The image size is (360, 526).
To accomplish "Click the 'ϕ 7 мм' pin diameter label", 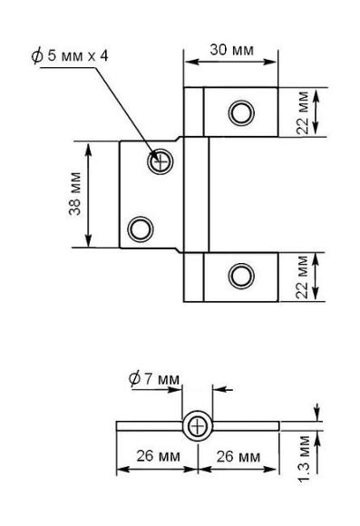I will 155,377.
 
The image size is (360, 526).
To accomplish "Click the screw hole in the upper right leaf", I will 240,112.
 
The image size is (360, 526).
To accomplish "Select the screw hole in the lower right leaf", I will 240,274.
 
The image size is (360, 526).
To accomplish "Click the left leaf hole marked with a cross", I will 161,162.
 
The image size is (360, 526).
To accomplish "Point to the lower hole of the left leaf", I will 141,227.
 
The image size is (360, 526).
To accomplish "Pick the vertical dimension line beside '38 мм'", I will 88,194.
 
